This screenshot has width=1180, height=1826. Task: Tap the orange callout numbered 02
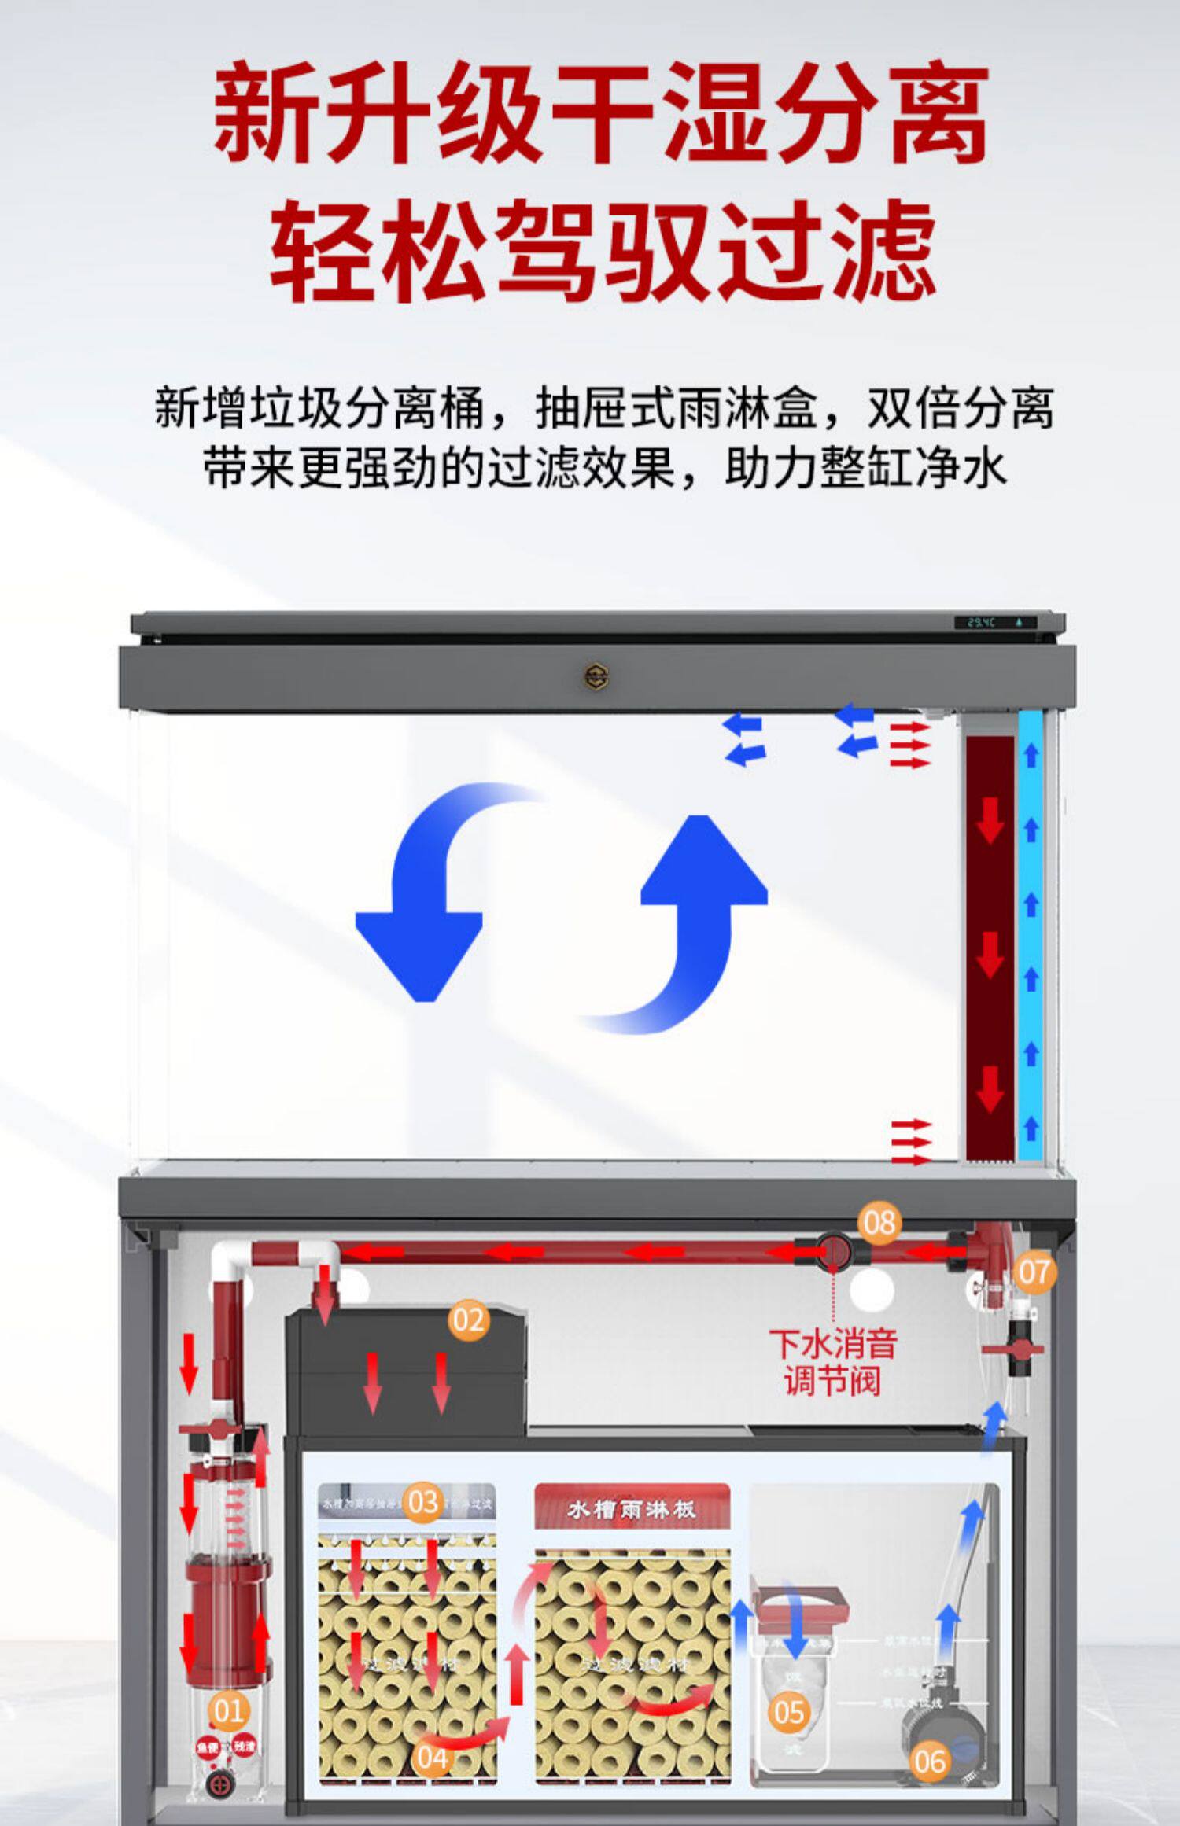[468, 1319]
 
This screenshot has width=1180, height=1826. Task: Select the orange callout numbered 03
[422, 1501]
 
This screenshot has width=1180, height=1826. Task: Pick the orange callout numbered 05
[788, 1712]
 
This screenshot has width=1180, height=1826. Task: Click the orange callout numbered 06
[930, 1761]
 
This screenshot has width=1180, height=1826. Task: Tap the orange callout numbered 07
[1034, 1271]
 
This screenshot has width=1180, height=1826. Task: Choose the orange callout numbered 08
[879, 1222]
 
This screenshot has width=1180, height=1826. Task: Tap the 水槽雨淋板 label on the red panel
[632, 1511]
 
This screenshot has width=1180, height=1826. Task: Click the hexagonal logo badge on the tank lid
[596, 675]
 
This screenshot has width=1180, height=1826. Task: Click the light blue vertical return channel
[1031, 936]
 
